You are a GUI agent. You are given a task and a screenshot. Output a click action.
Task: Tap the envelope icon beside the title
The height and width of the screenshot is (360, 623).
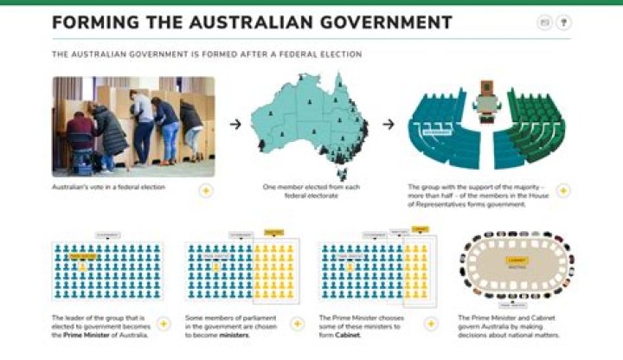[544, 23]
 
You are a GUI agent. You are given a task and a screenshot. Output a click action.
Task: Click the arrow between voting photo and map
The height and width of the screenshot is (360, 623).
[234, 124]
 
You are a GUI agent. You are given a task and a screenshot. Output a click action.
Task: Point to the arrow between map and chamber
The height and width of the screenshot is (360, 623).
[389, 124]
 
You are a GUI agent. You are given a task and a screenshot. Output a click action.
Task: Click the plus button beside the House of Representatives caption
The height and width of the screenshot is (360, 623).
[562, 190]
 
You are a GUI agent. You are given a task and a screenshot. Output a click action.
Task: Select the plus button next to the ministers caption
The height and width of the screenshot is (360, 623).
[297, 324]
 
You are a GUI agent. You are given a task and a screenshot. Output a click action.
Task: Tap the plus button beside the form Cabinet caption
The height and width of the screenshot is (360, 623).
[431, 324]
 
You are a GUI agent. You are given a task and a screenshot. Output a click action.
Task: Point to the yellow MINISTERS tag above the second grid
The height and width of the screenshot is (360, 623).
[273, 231]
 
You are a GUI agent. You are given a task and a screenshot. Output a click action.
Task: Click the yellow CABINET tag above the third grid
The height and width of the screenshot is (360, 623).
[421, 229]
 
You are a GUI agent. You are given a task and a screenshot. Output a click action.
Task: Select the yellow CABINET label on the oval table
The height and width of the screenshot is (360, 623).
[517, 260]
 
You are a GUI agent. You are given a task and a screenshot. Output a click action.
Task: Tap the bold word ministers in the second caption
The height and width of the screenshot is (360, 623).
[234, 335]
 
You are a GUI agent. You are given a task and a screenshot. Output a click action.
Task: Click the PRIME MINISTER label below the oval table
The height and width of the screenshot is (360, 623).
[517, 305]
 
